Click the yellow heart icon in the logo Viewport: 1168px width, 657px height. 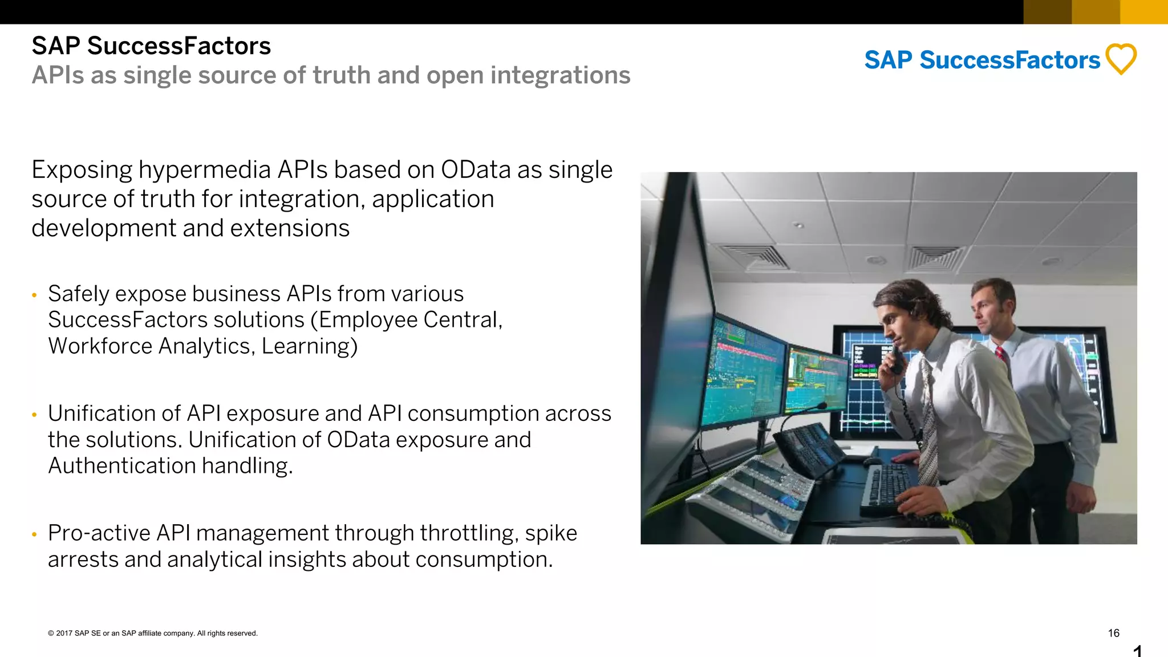(x=1121, y=59)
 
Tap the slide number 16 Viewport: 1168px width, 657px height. (x=1113, y=633)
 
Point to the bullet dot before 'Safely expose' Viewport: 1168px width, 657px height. (x=35, y=295)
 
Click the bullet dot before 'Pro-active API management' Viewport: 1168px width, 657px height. (x=35, y=534)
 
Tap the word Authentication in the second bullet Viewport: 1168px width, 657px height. (x=122, y=466)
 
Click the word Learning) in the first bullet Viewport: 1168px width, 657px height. (x=309, y=346)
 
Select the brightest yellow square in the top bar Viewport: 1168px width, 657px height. (x=1144, y=11)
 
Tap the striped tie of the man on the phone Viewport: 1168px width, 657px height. (x=927, y=422)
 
